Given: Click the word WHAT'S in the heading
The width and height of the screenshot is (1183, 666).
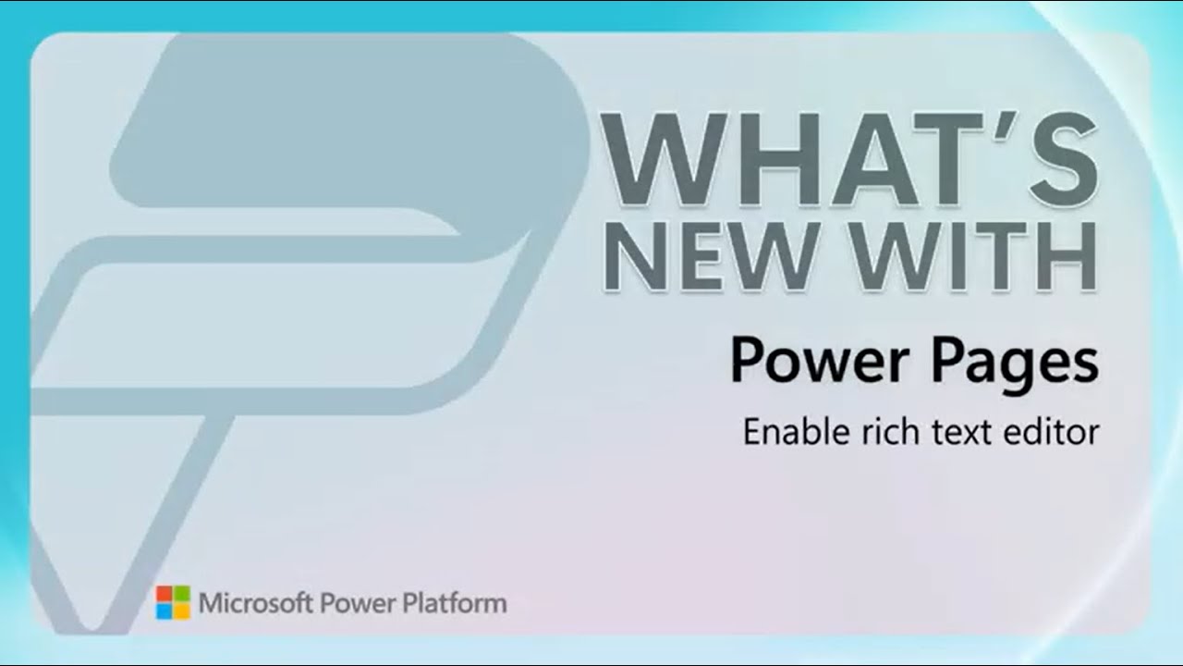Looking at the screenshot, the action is click(849, 159).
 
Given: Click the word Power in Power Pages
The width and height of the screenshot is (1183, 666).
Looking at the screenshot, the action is click(820, 361).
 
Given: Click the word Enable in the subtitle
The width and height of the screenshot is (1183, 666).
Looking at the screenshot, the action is click(797, 432).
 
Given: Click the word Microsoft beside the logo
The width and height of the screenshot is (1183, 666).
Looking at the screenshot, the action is click(256, 603).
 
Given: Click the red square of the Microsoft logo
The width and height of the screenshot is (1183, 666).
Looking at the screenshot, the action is click(164, 593).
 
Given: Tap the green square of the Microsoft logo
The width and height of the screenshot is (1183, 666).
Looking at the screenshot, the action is click(182, 593).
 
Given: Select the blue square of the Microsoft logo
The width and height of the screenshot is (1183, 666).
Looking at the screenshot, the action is click(164, 611).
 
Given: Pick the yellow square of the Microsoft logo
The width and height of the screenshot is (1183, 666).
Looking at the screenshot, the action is click(182, 611).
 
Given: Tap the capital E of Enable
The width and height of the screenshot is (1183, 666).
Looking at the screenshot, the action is click(752, 432).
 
